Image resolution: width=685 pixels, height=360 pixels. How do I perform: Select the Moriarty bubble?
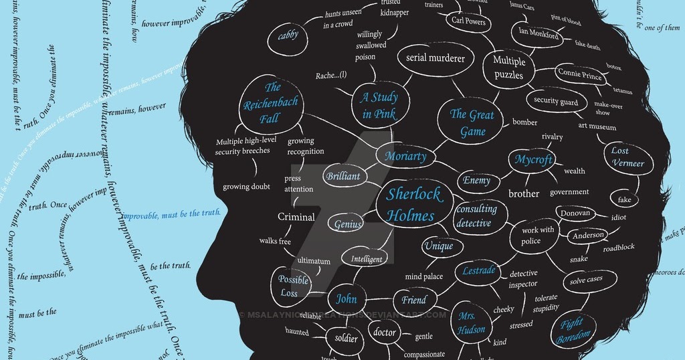405,157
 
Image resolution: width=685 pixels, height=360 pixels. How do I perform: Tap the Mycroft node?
533,160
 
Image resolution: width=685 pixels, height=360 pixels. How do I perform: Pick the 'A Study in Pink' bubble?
379,106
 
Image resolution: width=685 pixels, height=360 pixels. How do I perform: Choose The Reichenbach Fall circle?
271,103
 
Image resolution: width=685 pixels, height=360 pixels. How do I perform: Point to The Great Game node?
472,122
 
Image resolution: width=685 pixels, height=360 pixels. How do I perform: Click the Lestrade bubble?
479,271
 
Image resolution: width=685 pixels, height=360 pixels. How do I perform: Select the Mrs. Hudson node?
472,322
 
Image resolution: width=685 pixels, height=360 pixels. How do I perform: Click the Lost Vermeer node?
627,157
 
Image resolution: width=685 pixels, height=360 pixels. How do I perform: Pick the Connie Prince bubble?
579,74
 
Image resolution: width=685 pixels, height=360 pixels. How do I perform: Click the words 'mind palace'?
423,276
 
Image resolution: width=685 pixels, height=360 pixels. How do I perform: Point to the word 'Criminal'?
296,217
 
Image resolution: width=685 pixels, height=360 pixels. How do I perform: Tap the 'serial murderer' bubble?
435,58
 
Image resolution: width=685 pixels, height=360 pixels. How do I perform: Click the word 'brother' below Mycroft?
524,194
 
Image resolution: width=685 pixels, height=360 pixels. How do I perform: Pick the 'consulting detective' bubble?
477,216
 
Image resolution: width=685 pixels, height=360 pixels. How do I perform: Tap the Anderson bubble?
588,236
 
